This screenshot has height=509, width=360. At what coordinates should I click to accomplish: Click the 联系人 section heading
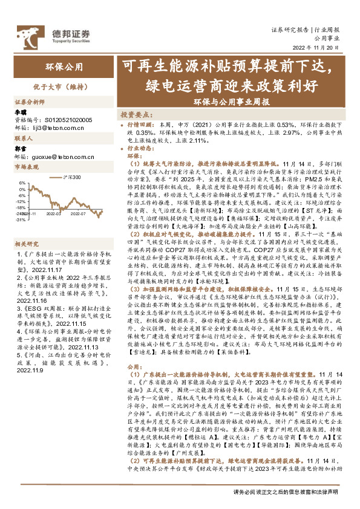point(24,138)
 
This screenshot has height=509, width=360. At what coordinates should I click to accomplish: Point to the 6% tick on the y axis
point(22,182)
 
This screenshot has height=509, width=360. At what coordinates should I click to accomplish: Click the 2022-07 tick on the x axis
point(77,213)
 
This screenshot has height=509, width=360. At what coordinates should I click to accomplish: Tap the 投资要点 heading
point(136,114)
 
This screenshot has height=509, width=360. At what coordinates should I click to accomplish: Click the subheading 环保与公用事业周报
point(229,101)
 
